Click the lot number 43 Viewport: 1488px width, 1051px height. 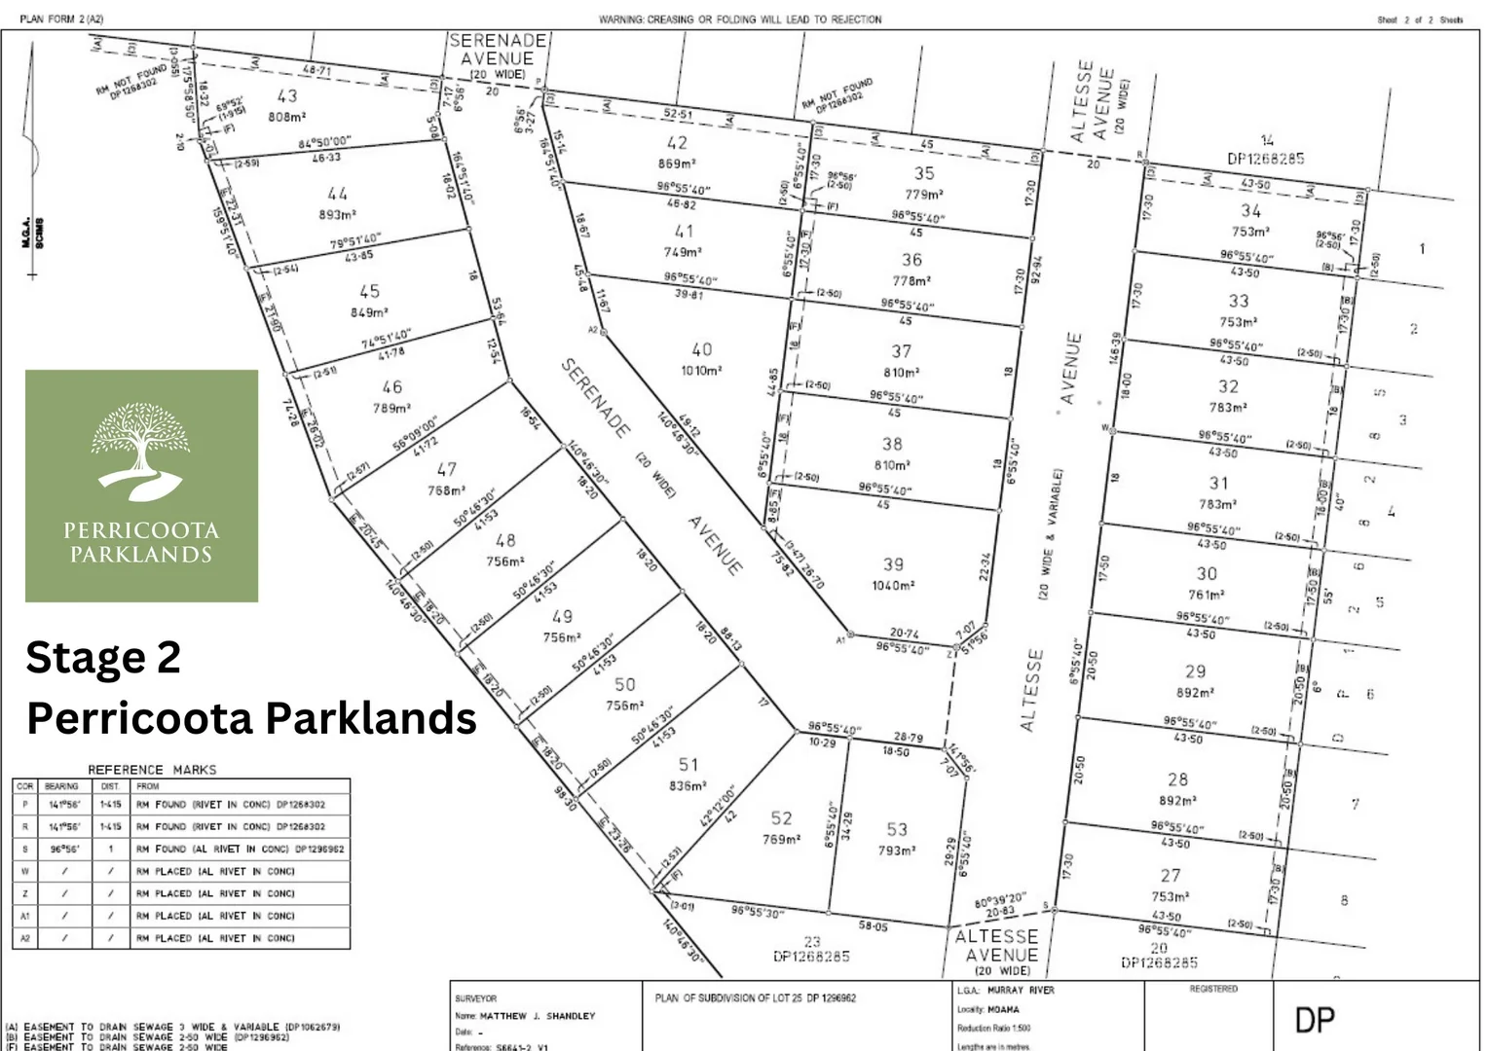[287, 96]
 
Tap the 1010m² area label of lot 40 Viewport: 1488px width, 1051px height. [701, 371]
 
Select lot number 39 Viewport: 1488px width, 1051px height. [893, 564]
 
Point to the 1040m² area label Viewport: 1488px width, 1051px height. [893, 586]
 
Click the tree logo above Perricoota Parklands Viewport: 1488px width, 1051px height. [141, 453]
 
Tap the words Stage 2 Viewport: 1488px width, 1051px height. [103, 658]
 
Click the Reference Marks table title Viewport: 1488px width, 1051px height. [152, 770]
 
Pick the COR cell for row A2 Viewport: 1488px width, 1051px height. [25, 938]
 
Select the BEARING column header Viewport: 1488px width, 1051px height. [61, 786]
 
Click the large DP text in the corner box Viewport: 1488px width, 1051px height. [1315, 1020]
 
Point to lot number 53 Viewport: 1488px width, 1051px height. [897, 829]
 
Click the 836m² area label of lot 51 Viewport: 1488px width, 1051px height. [688, 786]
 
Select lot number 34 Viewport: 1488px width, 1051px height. [1251, 210]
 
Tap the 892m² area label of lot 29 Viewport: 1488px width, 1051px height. [1195, 693]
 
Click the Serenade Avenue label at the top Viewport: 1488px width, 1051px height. [498, 56]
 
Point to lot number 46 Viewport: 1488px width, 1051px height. [391, 387]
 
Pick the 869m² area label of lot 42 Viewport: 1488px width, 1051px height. [676, 164]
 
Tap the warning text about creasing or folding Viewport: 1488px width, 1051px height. [740, 19]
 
